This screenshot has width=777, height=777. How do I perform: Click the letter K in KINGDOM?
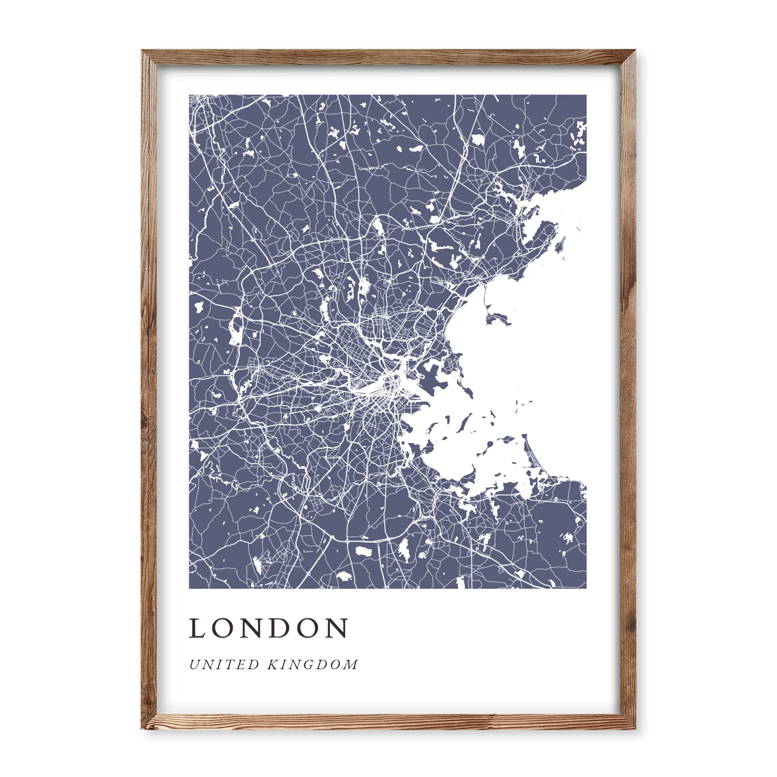point(274,665)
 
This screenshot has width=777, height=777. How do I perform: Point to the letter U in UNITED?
point(195,665)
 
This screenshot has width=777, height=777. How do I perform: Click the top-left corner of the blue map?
point(189,95)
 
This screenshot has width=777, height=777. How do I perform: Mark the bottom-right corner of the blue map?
point(586,588)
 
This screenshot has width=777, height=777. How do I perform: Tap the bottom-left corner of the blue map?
point(189,588)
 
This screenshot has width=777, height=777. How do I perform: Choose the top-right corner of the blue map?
point(586,95)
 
